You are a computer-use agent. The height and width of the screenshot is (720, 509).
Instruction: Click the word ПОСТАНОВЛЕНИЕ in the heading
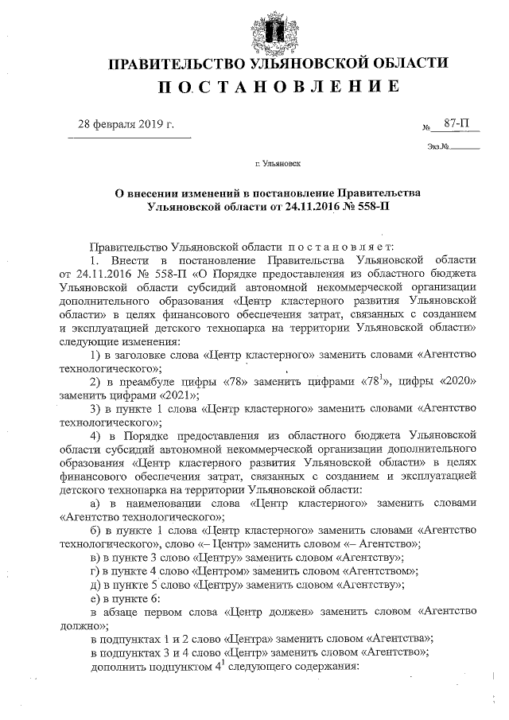pyautogui.click(x=278, y=87)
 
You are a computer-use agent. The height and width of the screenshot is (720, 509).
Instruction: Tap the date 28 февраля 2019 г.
pyautogui.click(x=125, y=125)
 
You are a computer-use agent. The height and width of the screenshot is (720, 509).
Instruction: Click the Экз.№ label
pyautogui.click(x=438, y=146)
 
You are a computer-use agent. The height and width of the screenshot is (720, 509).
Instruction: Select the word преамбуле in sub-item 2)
pyautogui.click(x=150, y=382)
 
